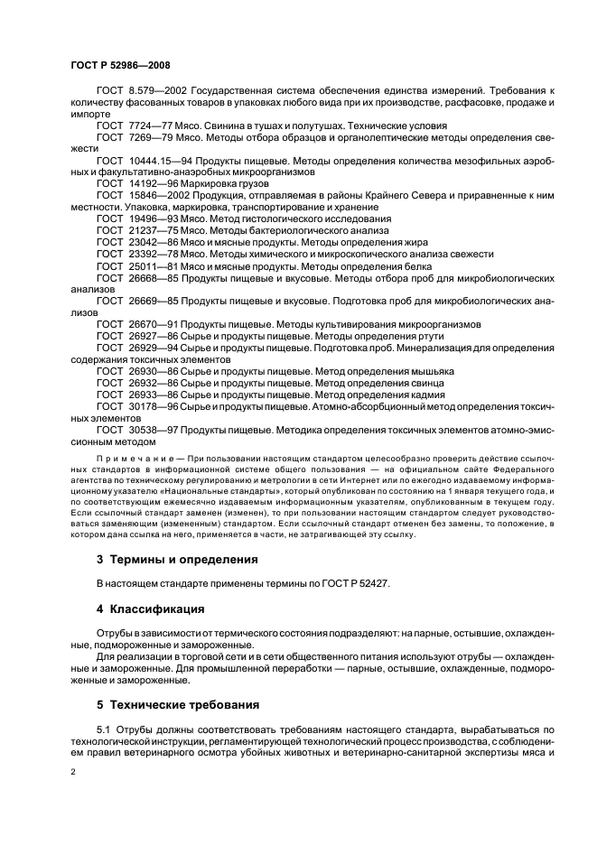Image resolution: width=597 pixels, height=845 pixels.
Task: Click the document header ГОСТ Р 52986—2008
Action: [x=119, y=66]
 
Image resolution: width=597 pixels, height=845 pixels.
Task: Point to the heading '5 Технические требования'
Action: [x=178, y=703]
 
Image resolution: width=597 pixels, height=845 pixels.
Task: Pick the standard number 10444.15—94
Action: [x=159, y=159]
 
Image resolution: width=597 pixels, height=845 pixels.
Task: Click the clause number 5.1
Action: [x=104, y=729]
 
